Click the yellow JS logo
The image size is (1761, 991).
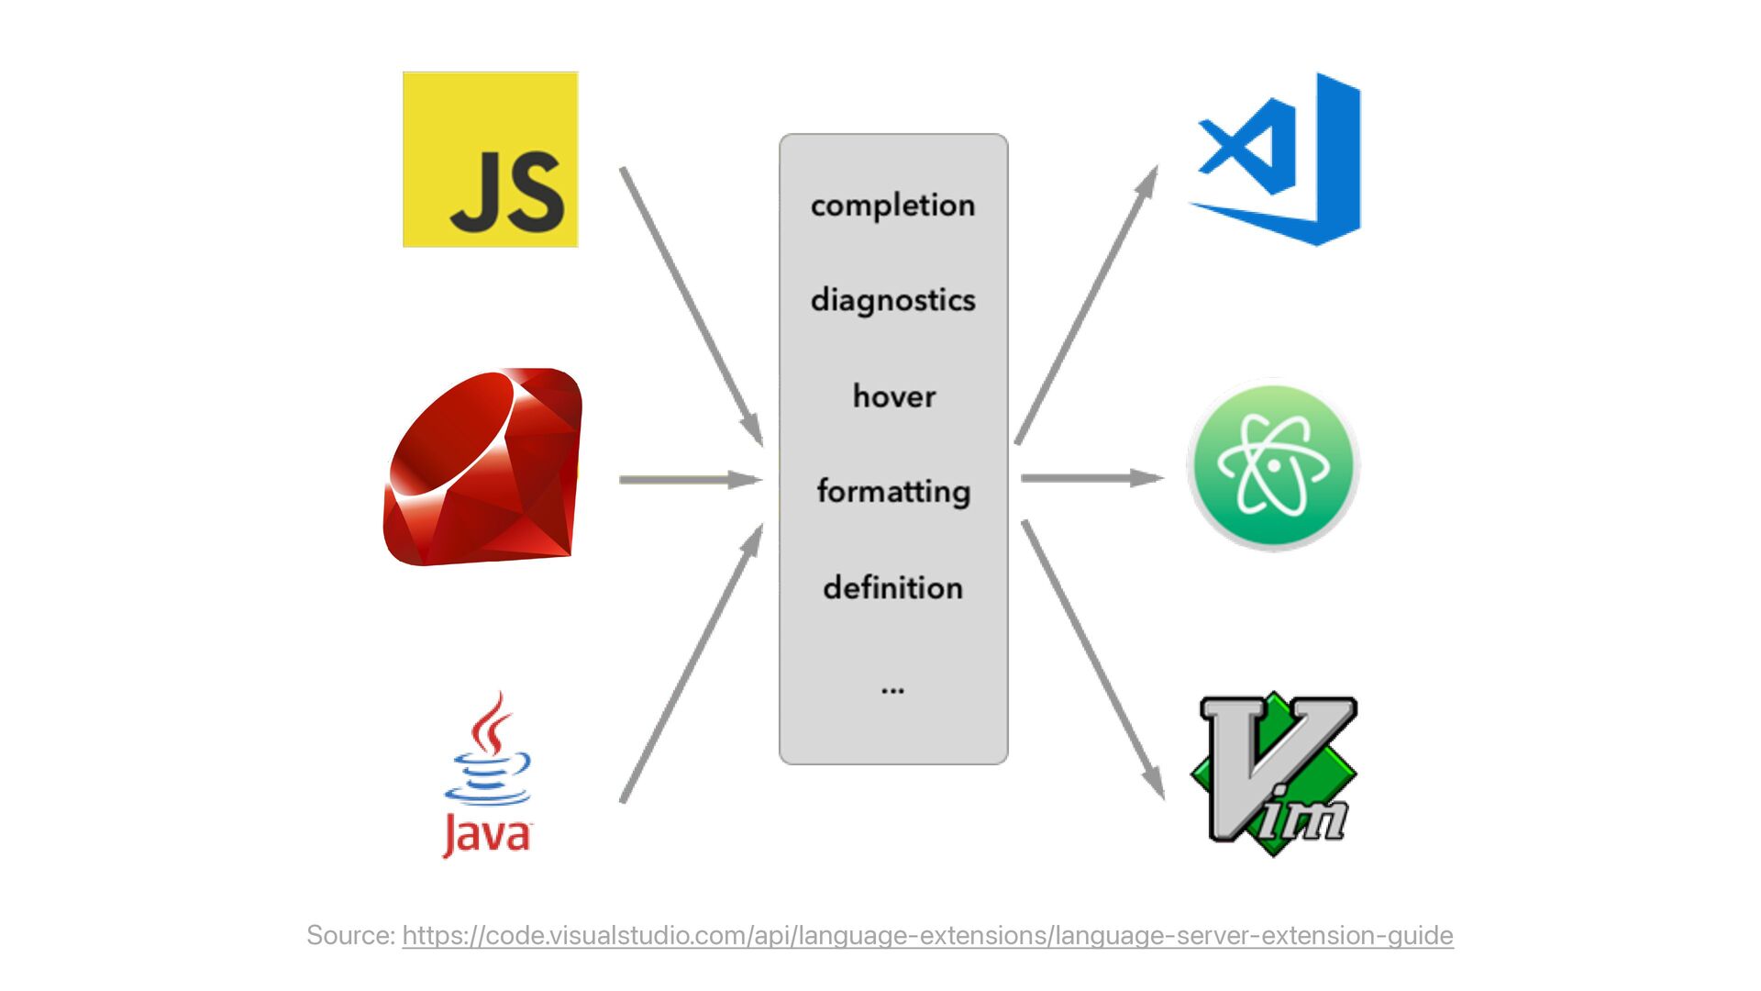(x=491, y=160)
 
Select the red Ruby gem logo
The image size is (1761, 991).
(x=483, y=467)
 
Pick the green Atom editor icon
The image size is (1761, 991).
(x=1273, y=465)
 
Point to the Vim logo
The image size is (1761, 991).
(x=1274, y=774)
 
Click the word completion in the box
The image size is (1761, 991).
(x=892, y=206)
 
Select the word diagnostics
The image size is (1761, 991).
(x=892, y=300)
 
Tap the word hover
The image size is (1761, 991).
(x=894, y=396)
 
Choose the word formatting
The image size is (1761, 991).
(x=893, y=492)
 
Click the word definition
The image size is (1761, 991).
(x=892, y=587)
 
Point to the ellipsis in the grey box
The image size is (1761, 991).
(x=892, y=689)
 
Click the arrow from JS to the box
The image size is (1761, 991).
(x=692, y=306)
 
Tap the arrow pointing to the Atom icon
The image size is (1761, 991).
(x=1091, y=478)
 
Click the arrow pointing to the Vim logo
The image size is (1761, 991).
(x=1092, y=660)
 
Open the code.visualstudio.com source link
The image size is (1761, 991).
(x=927, y=936)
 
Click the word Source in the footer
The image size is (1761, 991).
(x=350, y=936)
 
